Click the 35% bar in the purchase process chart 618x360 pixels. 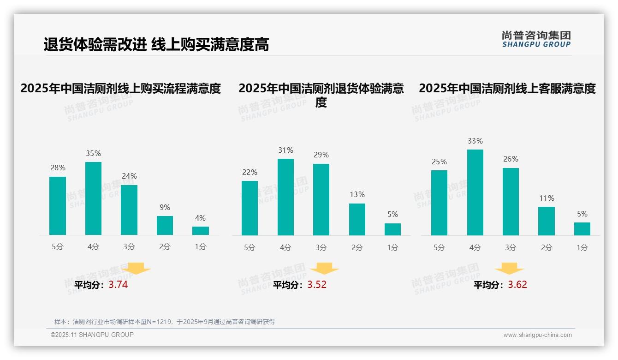pyautogui.click(x=93, y=198)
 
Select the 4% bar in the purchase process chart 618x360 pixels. pyautogui.click(x=200, y=231)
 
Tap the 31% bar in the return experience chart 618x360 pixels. pyautogui.click(x=285, y=197)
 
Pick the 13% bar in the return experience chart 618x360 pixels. pyautogui.click(x=357, y=219)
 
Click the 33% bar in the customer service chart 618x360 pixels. pyautogui.click(x=475, y=192)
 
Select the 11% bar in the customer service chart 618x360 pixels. pyautogui.click(x=547, y=221)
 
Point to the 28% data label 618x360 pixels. pyautogui.click(x=58, y=168)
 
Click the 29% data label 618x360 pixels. pyautogui.click(x=321, y=155)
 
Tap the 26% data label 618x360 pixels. pyautogui.click(x=511, y=159)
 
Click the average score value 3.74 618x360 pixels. pyautogui.click(x=118, y=285)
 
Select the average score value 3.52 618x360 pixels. pyautogui.click(x=317, y=285)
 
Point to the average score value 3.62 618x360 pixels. pyautogui.click(x=517, y=285)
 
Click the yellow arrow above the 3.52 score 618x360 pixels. pyautogui.click(x=324, y=269)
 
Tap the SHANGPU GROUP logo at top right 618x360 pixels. pyautogui.click(x=536, y=39)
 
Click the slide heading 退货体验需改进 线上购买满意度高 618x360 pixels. pyautogui.click(x=156, y=45)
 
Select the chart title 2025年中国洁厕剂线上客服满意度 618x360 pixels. pyautogui.click(x=507, y=88)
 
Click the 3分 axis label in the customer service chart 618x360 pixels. pyautogui.click(x=511, y=248)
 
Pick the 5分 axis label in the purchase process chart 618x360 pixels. pyautogui.click(x=58, y=247)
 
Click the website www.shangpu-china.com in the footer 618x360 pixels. pyautogui.click(x=537, y=335)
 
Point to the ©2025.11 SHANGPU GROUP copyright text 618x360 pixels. pyautogui.click(x=92, y=335)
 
